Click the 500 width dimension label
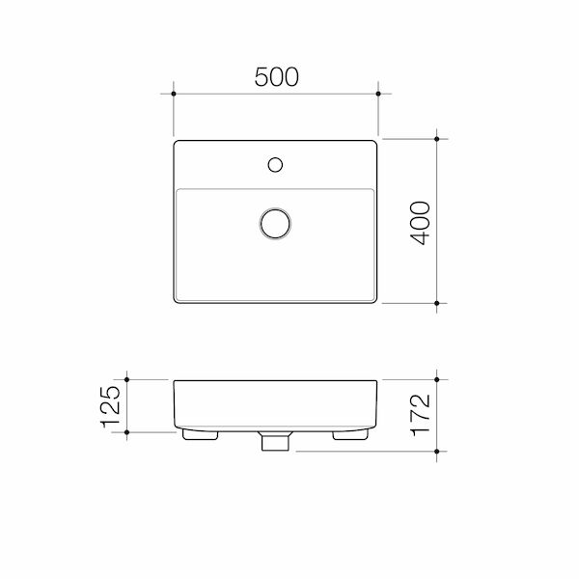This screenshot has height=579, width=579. coord(276,76)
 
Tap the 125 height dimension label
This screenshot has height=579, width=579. coord(110,407)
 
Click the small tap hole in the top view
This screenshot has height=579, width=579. coord(275,164)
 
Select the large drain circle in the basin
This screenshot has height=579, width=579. coord(276,222)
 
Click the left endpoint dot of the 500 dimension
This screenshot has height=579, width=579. coord(173,95)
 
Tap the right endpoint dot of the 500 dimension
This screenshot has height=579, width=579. coord(378,95)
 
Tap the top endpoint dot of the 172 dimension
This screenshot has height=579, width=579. coord(438,379)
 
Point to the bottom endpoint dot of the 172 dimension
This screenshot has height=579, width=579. coord(438,450)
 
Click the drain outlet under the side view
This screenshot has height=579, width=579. coord(275,442)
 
